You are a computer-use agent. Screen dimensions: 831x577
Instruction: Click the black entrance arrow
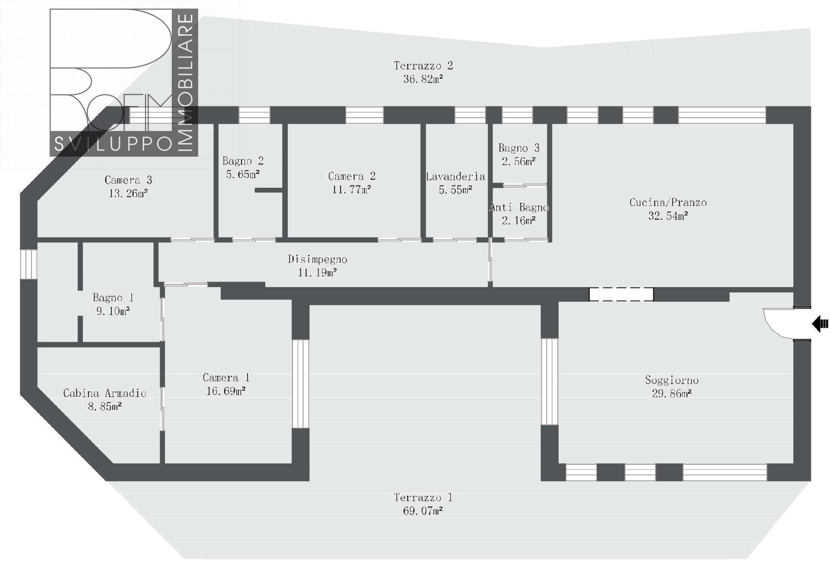820,324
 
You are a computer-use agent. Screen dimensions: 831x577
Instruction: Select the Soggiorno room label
672,380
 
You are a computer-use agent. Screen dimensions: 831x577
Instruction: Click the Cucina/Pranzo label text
668,202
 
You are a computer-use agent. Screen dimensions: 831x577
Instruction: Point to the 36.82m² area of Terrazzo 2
423,79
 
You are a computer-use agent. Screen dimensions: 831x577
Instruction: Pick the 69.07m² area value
423,511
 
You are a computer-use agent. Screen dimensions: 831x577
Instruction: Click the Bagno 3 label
519,148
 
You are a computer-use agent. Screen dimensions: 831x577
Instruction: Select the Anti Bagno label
519,208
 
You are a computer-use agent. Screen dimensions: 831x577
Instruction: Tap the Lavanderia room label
455,176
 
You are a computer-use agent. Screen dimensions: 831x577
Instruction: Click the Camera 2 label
351,176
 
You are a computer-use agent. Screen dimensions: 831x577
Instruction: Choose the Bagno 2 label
243,161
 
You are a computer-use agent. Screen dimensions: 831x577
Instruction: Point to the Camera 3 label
128,180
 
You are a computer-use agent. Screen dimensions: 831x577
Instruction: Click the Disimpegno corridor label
317,259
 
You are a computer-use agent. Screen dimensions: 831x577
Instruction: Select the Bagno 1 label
113,298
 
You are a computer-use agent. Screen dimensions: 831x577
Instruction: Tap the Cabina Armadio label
105,393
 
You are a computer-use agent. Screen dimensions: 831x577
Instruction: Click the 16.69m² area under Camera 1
225,391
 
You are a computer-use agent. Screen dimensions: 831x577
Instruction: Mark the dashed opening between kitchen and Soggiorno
621,294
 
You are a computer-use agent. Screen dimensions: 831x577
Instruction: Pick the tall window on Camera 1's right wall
300,384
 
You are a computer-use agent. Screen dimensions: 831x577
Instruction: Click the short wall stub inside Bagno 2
268,190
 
